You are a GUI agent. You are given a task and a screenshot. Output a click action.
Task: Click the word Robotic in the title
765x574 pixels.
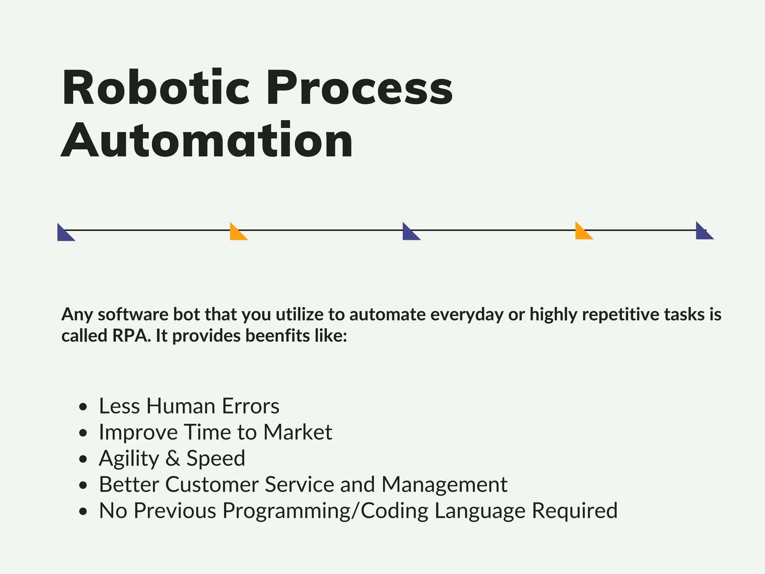tap(155, 88)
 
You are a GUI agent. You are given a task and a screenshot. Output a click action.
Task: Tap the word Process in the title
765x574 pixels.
tap(359, 88)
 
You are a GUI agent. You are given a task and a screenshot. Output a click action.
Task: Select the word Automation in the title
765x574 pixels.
tap(207, 141)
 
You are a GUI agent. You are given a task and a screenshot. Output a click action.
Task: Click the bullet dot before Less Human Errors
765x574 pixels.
tap(83, 407)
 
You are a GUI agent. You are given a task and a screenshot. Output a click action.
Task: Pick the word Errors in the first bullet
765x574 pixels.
tap(250, 406)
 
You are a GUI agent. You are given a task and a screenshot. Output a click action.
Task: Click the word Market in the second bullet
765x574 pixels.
tap(297, 432)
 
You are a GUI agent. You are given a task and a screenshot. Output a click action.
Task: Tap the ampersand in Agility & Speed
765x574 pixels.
tap(173, 459)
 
